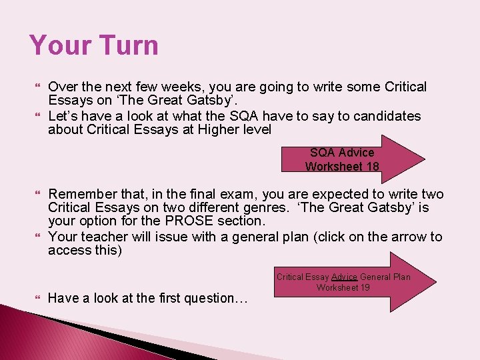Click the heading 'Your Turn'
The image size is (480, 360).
94,45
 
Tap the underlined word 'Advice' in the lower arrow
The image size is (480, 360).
344,277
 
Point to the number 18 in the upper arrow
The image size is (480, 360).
371,167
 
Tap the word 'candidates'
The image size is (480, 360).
387,116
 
